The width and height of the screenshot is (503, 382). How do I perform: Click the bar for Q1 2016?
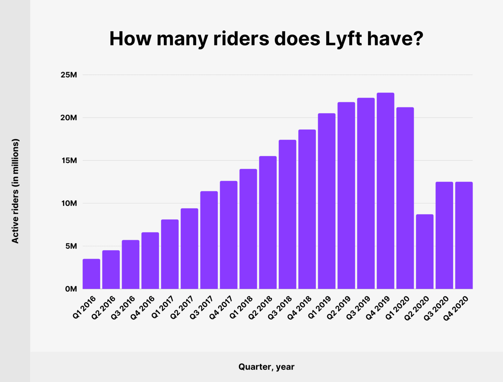point(92,274)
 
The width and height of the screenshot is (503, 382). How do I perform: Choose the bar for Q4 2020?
point(464,235)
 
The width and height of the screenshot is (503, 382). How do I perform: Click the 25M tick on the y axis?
point(68,75)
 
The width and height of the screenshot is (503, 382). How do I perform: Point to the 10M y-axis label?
point(68,204)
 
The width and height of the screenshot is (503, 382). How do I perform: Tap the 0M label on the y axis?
point(71,289)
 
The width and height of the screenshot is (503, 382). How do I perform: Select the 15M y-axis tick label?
point(68,161)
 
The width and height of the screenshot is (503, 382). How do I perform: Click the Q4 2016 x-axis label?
point(143,308)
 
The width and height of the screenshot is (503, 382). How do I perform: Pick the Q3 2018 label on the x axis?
point(280,308)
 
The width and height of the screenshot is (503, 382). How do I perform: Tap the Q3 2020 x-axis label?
point(437,308)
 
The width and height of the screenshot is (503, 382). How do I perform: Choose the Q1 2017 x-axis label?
point(162,308)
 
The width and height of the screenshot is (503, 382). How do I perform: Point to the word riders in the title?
point(241,38)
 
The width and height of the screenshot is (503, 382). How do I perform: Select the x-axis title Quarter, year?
point(266,367)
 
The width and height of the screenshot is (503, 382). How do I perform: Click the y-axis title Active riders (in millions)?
point(15,191)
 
